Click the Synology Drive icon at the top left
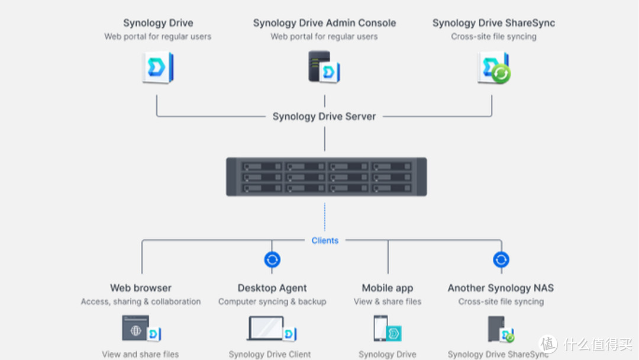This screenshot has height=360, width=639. [158, 67]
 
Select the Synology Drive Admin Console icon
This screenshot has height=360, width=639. [324, 66]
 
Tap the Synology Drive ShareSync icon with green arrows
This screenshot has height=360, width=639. [494, 67]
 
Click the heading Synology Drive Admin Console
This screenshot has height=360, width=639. [324, 23]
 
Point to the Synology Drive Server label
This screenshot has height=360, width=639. [324, 117]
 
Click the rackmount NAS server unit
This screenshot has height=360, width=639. [326, 176]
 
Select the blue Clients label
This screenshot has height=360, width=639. [325, 240]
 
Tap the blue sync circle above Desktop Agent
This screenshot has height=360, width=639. [272, 259]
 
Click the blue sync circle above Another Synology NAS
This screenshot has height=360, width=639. [501, 259]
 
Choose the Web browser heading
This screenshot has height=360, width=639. [141, 288]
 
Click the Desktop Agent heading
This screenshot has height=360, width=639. [272, 288]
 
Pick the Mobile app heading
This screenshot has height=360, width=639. [388, 288]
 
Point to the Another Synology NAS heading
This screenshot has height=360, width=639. [501, 288]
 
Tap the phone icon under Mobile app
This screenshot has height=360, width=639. [381, 328]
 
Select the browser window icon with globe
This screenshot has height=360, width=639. [136, 327]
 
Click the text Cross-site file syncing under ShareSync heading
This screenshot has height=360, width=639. [493, 37]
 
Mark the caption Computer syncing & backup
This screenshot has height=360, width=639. [272, 302]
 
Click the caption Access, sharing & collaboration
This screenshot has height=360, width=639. [141, 302]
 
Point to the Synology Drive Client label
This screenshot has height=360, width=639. [270, 355]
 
